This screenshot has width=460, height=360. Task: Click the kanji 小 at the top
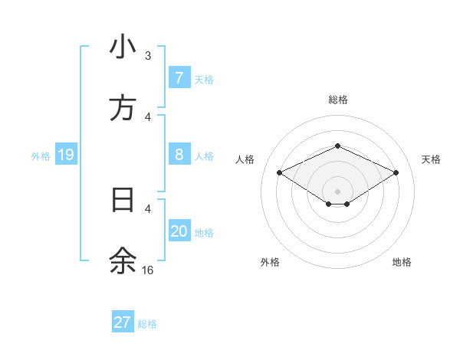[x=123, y=47]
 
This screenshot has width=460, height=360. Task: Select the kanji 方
[x=123, y=109]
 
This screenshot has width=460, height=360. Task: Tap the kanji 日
[x=123, y=201]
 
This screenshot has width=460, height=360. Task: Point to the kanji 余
[x=123, y=261]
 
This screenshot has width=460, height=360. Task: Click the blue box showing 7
[x=179, y=78]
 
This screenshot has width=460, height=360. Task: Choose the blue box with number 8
[x=179, y=155]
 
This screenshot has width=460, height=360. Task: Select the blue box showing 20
[x=179, y=231]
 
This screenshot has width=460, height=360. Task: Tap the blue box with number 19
[x=66, y=155]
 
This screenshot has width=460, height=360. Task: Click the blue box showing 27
[x=123, y=322]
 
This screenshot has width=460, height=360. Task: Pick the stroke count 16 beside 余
[x=147, y=270]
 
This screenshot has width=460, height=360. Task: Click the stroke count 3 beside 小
[x=148, y=56]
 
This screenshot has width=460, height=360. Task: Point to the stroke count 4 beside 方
[x=148, y=117]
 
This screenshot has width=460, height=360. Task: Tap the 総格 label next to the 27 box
[x=147, y=324]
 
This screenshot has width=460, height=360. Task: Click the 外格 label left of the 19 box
[x=41, y=156]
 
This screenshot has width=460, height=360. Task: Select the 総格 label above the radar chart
[x=337, y=100]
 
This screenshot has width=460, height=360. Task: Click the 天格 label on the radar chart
[x=431, y=159]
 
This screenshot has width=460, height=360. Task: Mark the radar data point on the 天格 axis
[x=396, y=172]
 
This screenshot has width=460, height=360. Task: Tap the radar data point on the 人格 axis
[x=280, y=172]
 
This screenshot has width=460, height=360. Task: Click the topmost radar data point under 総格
[x=337, y=146]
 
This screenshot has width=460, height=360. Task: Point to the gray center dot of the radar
[x=337, y=191]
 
